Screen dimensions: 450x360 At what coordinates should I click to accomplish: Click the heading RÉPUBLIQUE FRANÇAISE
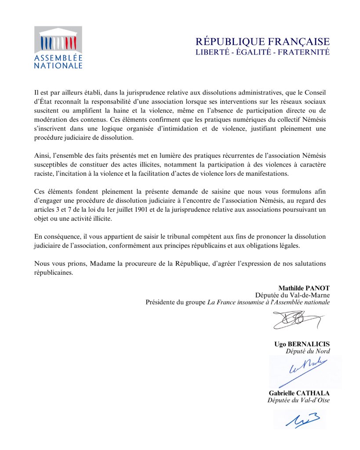(x=262, y=42)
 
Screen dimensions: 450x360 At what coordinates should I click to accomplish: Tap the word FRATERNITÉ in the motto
(x=305, y=52)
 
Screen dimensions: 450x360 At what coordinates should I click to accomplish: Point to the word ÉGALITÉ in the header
(x=252, y=52)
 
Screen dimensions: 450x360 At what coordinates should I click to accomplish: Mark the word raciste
(x=45, y=173)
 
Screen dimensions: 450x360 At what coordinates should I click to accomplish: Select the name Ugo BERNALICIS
(x=302, y=344)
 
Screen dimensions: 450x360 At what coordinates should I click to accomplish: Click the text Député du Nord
(x=308, y=351)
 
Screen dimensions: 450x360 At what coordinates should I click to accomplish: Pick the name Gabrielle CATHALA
(x=299, y=392)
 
